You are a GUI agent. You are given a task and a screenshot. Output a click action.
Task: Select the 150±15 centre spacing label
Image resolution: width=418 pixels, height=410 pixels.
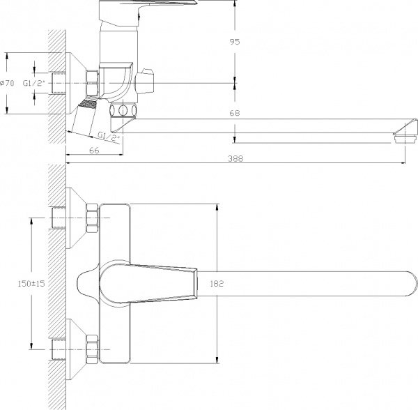31,284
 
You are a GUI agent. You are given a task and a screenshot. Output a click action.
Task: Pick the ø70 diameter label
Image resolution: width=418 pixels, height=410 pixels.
8,83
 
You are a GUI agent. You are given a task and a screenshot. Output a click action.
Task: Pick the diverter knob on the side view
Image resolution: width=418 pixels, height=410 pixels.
146,82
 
